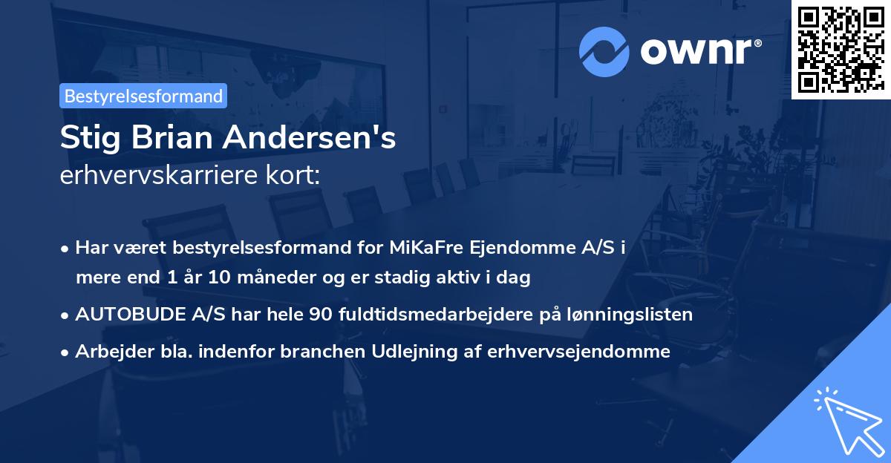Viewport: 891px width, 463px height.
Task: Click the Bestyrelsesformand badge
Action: click(143, 96)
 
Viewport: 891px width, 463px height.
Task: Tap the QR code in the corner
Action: click(841, 49)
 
